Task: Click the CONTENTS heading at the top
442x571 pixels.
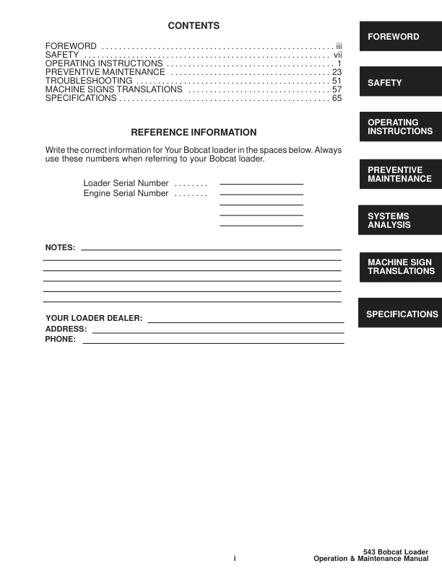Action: coord(194,26)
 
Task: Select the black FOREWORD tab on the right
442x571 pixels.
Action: coord(399,36)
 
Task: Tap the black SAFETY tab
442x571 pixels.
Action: coord(399,83)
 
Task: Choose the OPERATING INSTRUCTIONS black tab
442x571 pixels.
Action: coord(399,128)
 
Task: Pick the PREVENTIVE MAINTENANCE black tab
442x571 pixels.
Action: coord(399,174)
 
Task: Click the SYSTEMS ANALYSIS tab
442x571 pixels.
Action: coord(399,221)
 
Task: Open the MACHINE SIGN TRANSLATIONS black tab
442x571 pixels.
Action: coord(399,267)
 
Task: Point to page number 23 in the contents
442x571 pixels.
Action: coord(337,73)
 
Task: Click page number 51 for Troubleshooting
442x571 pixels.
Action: coord(337,81)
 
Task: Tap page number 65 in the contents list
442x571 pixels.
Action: coord(337,99)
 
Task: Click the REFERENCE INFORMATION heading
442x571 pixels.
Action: coord(194,133)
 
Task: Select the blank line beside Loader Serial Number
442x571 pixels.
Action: coord(261,184)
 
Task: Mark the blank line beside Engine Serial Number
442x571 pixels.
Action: coord(261,194)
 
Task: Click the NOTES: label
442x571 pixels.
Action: coord(60,247)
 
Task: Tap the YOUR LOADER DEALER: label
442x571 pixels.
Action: coord(94,318)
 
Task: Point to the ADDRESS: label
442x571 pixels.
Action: coord(66,329)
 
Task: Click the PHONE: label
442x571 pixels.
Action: coord(61,339)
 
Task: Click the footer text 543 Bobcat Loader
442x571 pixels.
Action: coord(395,552)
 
